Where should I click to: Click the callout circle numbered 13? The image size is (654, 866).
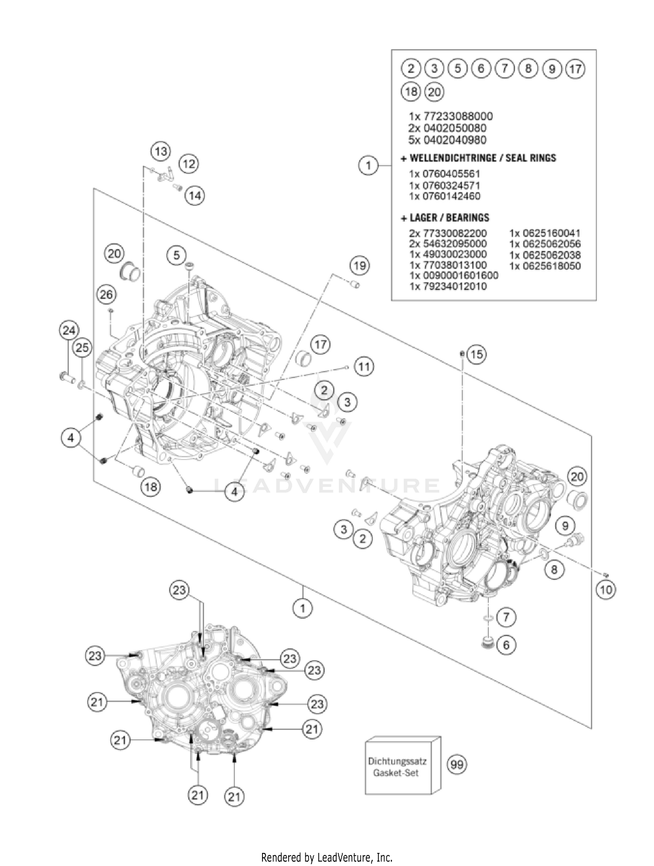tap(161, 151)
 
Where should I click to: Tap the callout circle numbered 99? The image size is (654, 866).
tap(457, 764)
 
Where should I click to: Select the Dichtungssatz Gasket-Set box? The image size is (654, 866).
tap(402, 767)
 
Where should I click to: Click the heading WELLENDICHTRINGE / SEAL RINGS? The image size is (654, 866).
tap(479, 157)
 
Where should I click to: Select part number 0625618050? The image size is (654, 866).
tap(545, 266)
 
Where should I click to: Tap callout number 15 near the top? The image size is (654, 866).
tap(477, 354)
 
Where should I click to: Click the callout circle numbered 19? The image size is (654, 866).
tap(360, 266)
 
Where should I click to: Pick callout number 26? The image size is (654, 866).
tap(106, 294)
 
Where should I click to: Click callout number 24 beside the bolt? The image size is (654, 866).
tap(69, 330)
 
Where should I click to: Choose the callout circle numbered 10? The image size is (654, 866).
tap(606, 590)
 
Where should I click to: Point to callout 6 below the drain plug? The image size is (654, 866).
tap(506, 644)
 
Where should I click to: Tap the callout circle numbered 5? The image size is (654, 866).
tap(177, 255)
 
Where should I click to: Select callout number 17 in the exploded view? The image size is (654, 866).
tap(321, 344)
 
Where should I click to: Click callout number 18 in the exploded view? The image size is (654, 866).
tap(150, 486)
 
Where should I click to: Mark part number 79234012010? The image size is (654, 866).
tap(448, 286)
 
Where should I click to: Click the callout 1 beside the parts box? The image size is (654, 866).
tap(368, 165)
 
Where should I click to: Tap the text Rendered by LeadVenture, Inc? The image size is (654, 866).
tap(327, 857)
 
